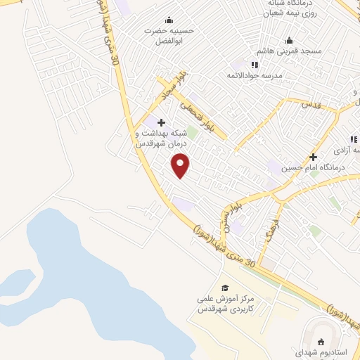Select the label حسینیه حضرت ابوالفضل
click(168, 36)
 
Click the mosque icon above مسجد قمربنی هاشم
click(289, 41)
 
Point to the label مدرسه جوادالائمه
click(254, 75)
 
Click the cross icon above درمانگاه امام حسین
click(313, 157)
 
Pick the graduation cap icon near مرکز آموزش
click(225, 288)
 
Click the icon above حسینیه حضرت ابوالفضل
click(168, 20)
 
